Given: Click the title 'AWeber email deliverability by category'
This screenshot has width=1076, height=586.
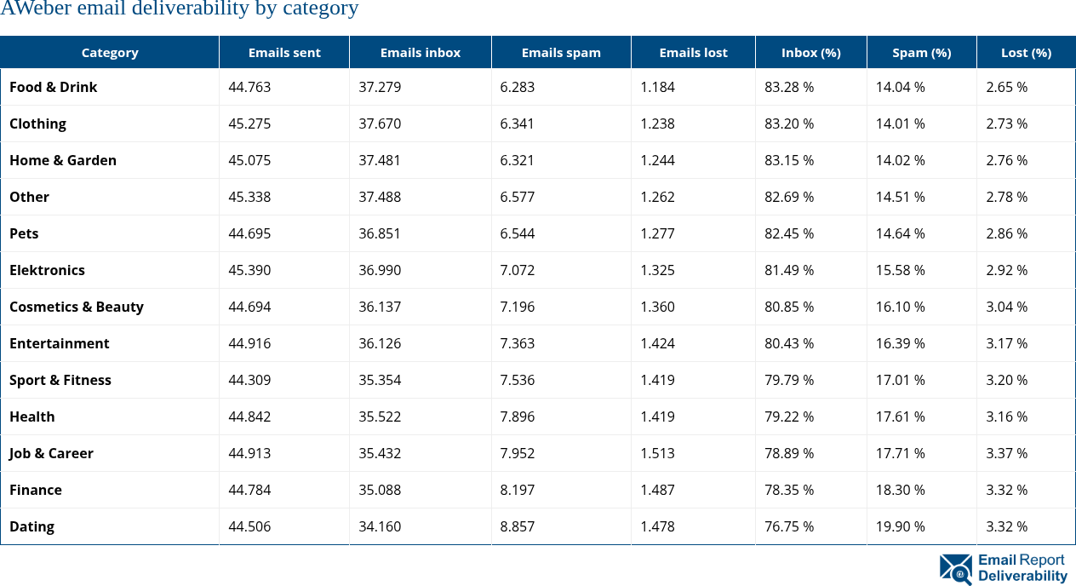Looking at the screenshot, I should pyautogui.click(x=180, y=9).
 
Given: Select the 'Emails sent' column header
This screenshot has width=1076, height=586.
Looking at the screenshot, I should pyautogui.click(x=284, y=53).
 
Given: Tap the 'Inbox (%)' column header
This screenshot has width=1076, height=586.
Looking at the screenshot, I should pyautogui.click(x=810, y=53).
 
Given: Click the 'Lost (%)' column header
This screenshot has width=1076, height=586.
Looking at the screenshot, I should pyautogui.click(x=1026, y=53).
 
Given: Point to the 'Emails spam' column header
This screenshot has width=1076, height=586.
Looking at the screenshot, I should pyautogui.click(x=561, y=53).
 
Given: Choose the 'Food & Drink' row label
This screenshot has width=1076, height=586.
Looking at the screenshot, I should pyautogui.click(x=54, y=87).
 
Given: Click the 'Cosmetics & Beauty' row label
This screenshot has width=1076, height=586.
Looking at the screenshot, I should pyautogui.click(x=77, y=307).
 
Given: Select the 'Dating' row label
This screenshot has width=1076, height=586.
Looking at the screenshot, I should pyautogui.click(x=32, y=526).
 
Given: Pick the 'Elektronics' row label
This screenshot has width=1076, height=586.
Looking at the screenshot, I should pyautogui.click(x=48, y=270).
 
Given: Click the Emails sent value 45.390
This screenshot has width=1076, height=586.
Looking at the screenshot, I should pyautogui.click(x=249, y=270).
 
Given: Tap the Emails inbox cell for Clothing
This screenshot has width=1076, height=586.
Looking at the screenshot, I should pyautogui.click(x=380, y=124).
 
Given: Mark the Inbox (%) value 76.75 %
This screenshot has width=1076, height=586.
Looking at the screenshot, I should pyautogui.click(x=789, y=526).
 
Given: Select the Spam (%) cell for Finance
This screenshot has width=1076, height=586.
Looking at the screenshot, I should pyautogui.click(x=900, y=490).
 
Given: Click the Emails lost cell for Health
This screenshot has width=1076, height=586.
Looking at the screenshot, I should pyautogui.click(x=657, y=417).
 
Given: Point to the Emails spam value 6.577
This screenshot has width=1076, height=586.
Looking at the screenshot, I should pyautogui.click(x=518, y=197).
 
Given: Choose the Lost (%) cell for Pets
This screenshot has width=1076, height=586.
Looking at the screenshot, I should pyautogui.click(x=1006, y=233).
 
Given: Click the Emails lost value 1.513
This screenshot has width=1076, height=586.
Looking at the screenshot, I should pyautogui.click(x=657, y=453).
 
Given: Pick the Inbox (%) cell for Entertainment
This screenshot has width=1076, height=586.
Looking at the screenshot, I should pyautogui.click(x=789, y=343).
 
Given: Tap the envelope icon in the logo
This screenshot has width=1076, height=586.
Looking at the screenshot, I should pyautogui.click(x=955, y=569).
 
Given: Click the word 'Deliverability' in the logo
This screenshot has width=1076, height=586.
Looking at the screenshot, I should pyautogui.click(x=1022, y=576).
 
